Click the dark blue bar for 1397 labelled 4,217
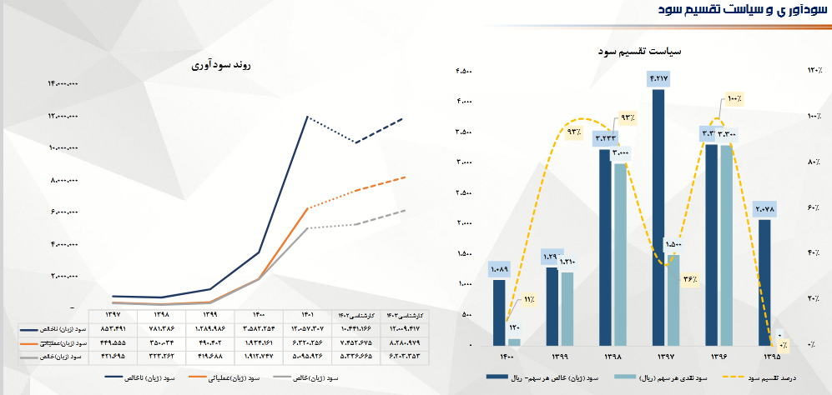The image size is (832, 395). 658,217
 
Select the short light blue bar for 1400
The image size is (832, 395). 514,342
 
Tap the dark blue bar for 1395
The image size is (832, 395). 764,282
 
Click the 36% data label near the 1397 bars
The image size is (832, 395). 689,279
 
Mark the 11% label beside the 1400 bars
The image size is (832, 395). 528,300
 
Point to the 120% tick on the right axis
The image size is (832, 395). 813,71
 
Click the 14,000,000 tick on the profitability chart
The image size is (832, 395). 63,82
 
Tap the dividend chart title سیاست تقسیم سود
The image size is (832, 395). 641,51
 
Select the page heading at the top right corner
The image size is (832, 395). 751,10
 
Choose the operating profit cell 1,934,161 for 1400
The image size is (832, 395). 260,342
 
